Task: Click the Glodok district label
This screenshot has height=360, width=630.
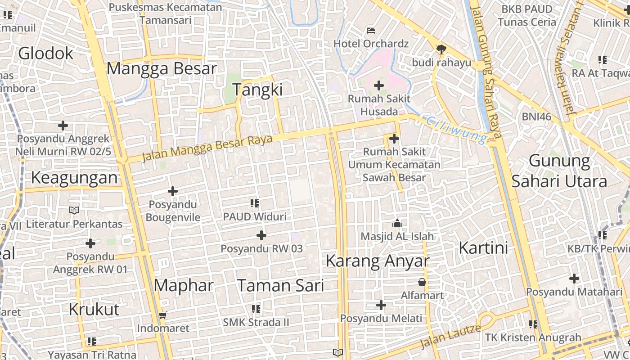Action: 45,53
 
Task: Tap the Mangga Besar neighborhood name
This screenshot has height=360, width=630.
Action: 162,69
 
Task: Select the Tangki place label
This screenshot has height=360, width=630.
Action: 257,90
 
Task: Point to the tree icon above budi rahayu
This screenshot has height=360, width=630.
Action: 441,49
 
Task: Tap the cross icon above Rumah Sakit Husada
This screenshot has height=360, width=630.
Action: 379,85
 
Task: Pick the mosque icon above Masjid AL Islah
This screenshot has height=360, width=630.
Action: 397,223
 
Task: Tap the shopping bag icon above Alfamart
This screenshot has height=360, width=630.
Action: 422,283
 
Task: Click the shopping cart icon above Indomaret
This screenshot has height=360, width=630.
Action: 163,315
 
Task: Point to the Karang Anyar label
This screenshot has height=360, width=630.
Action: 377,261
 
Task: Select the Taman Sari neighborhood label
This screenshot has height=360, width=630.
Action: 280,285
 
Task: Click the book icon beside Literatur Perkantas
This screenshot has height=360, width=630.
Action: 74,210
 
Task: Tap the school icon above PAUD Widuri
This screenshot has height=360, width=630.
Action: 255,203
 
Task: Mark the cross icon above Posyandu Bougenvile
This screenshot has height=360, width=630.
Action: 172,192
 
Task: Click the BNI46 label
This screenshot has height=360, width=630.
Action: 536,117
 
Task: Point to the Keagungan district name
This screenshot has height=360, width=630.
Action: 74,178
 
